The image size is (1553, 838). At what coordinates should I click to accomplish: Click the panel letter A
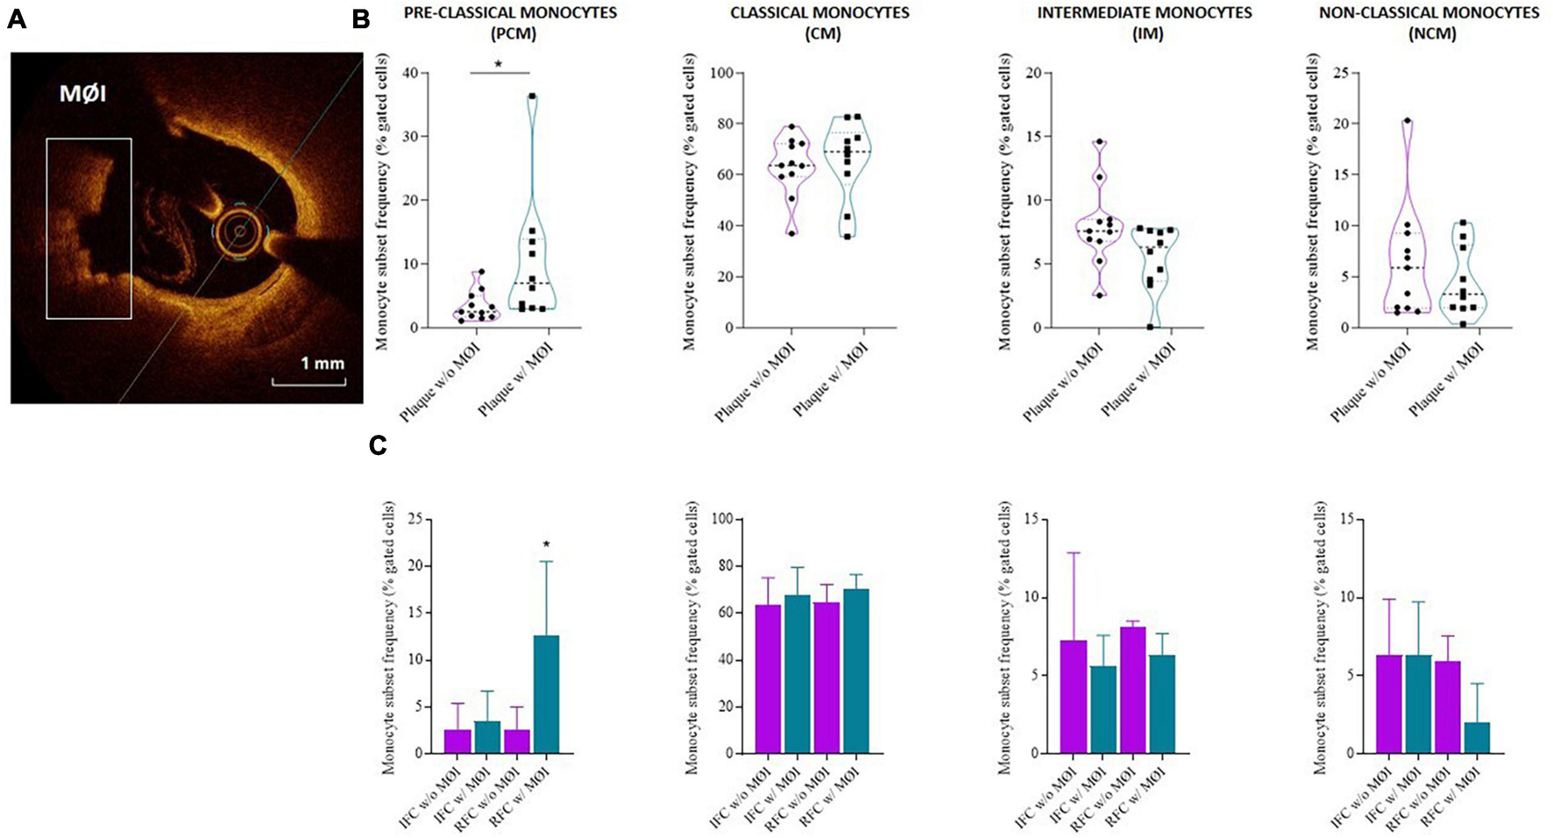16,19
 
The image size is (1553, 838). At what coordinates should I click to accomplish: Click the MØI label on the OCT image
83,93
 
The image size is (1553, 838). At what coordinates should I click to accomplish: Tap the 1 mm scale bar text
323,363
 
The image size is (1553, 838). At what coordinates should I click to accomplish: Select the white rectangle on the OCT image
89,228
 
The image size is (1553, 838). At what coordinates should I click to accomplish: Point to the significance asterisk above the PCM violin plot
499,65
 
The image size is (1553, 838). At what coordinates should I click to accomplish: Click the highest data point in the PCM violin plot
532,96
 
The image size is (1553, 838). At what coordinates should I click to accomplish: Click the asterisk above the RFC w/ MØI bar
546,545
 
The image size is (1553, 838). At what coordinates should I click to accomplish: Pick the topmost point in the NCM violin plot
1407,121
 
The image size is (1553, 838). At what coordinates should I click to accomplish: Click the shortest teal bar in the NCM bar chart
1477,737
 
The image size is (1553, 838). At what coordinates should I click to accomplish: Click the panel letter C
378,445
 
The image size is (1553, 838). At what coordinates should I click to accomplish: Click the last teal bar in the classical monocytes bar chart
855,671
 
